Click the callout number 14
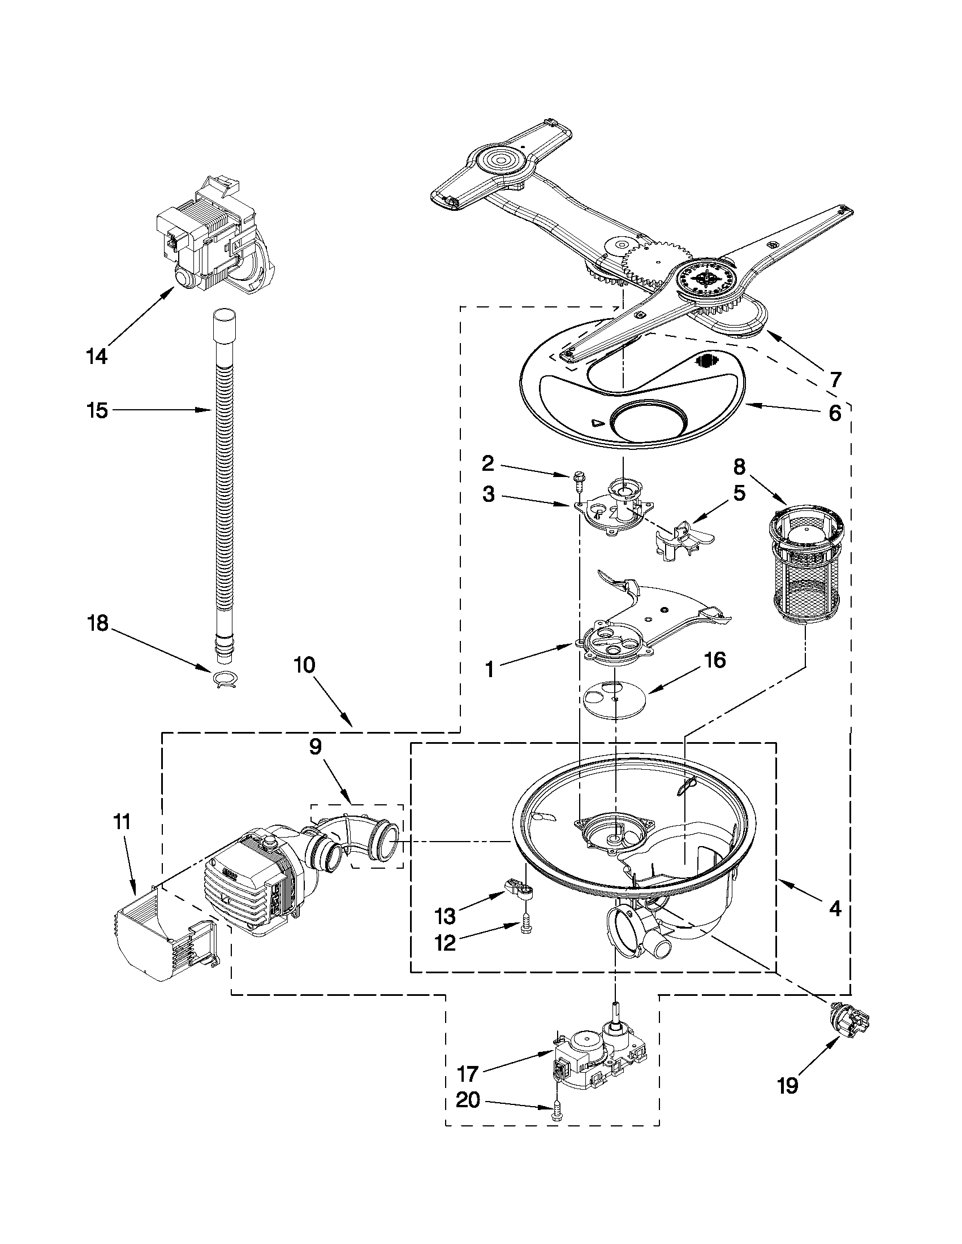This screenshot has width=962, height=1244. tap(96, 357)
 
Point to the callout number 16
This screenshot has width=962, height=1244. tap(715, 661)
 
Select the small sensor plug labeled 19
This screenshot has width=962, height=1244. tap(848, 1024)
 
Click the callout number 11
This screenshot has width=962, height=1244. tap(122, 822)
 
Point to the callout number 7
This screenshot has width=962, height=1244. tap(835, 379)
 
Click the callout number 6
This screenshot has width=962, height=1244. tap(834, 414)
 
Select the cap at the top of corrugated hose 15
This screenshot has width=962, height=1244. tap(225, 323)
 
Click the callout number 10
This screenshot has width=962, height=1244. tap(305, 665)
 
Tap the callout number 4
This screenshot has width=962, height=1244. tap(834, 909)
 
